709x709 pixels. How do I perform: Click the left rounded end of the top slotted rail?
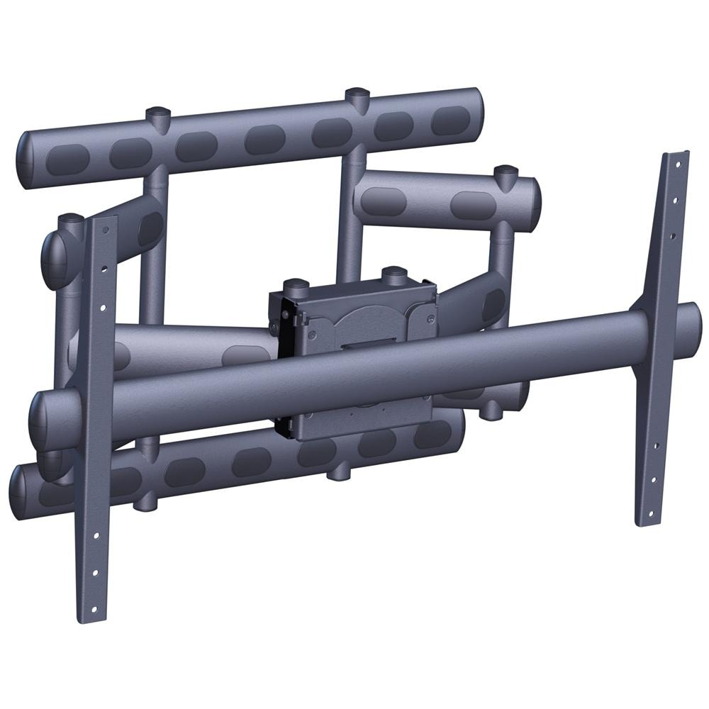(x=27, y=160)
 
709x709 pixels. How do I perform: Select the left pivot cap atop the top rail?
(x=157, y=114)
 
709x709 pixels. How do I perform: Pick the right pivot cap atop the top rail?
(x=357, y=95)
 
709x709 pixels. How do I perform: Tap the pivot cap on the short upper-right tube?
(x=506, y=172)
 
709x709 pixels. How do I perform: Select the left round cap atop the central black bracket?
(x=296, y=286)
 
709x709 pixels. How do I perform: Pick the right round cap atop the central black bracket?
(x=394, y=273)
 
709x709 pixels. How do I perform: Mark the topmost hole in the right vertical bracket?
(x=677, y=164)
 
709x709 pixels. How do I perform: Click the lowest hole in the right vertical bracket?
(x=646, y=511)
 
